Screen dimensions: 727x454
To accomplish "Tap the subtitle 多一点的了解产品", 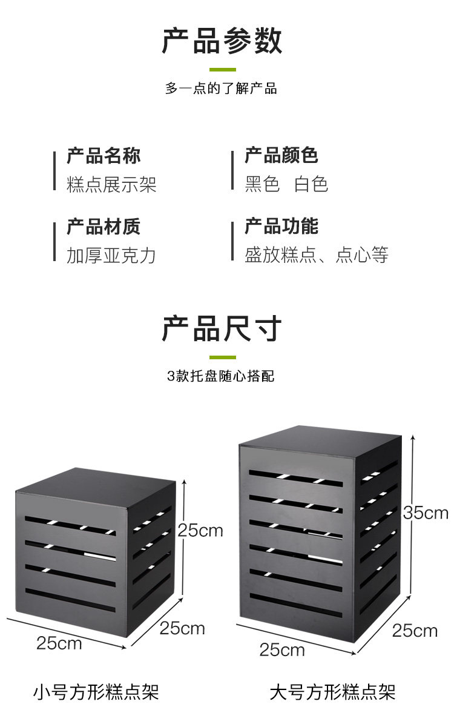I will pos(221,88).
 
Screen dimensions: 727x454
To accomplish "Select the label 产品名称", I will pos(104,156).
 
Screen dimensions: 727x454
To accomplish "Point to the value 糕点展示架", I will pos(111,184).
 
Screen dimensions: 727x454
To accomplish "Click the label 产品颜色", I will pos(281,156).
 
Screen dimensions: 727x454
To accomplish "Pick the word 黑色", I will pos(262,184).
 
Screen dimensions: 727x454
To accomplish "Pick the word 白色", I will pos(311,184).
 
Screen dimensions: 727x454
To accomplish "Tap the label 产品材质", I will pos(104,227).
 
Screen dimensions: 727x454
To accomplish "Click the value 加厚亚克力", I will pos(111,255).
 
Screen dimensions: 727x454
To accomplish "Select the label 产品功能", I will pos(281,227).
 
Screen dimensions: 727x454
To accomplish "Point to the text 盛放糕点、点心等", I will pos(317,255).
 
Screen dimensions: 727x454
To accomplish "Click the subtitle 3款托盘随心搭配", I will pos(221,376).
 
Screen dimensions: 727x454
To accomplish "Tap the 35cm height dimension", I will pos(426,513).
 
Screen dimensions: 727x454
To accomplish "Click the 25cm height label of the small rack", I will pos(200,531).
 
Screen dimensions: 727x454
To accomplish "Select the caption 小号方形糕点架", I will pos(96,691).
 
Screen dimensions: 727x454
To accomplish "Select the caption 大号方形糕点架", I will pos(332,691).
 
